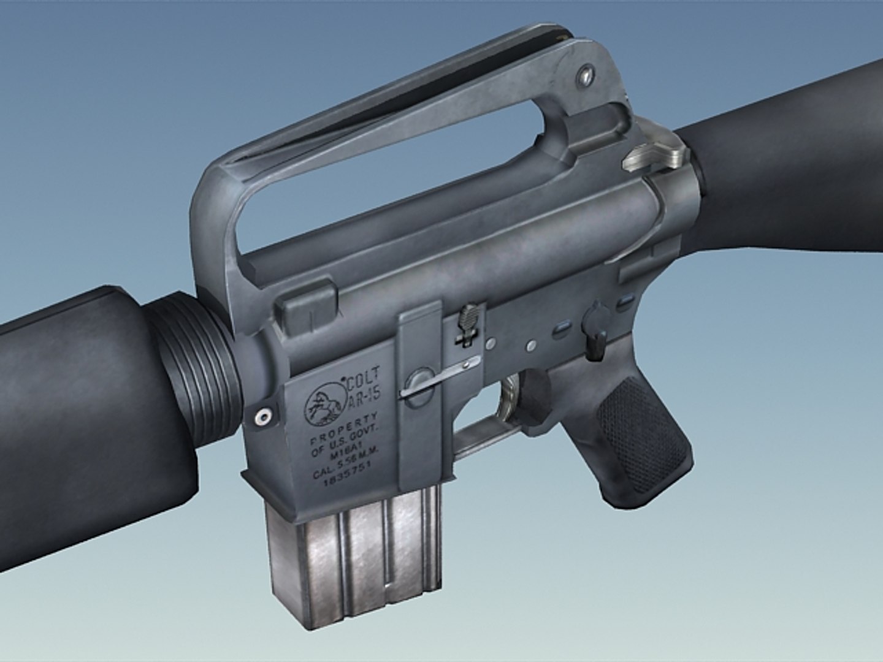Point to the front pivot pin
pos(263,416)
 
